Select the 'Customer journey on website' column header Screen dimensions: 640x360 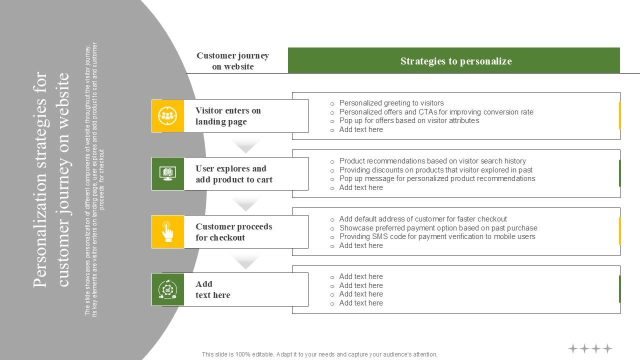[232, 61]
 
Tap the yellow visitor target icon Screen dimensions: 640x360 [168, 116]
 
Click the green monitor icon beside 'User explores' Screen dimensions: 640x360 [168, 173]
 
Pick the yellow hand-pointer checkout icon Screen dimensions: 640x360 [168, 231]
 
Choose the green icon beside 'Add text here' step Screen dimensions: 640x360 [168, 289]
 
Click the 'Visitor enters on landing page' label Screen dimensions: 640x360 [228, 116]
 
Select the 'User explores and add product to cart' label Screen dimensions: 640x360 [233, 174]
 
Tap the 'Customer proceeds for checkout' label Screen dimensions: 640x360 [233, 232]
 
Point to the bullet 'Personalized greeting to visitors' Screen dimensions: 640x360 [391, 103]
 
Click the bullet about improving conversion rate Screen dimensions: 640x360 [436, 112]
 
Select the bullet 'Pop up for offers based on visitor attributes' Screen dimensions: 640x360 [409, 120]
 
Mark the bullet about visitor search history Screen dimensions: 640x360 [432, 161]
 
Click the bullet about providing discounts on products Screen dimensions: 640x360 [435, 170]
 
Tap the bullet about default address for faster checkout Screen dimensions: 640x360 [423, 219]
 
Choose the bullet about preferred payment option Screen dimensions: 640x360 [438, 228]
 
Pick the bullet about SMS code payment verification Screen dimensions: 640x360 [437, 236]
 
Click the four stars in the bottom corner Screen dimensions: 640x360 [590, 348]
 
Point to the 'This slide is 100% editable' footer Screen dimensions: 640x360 [319, 354]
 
